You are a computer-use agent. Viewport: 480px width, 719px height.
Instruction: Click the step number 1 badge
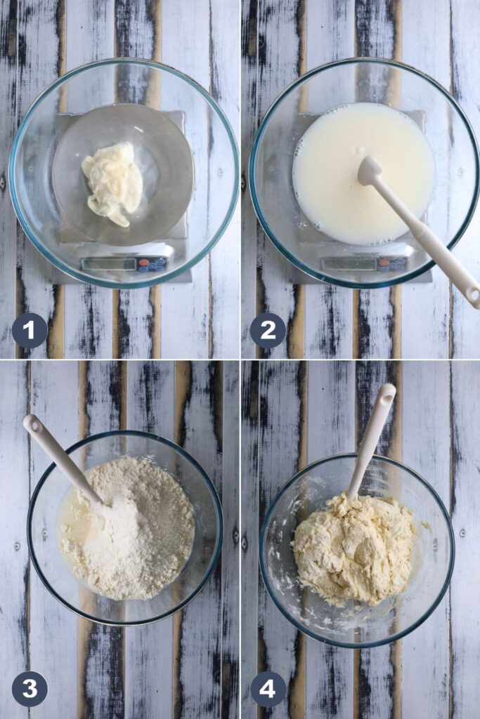pos(30,331)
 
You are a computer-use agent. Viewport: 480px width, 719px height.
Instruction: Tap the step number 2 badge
pos(268,331)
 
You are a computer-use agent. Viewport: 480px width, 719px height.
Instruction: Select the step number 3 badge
pos(30,690)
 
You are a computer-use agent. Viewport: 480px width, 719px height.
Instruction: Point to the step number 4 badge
pos(268,690)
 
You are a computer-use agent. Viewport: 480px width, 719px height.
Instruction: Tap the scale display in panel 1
pos(108,264)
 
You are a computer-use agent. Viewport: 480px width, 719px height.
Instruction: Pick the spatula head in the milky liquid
pos(370,171)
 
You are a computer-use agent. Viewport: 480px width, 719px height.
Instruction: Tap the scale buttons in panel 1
pos(153,264)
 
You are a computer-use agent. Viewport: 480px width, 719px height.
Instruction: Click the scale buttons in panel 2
pos(392,264)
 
